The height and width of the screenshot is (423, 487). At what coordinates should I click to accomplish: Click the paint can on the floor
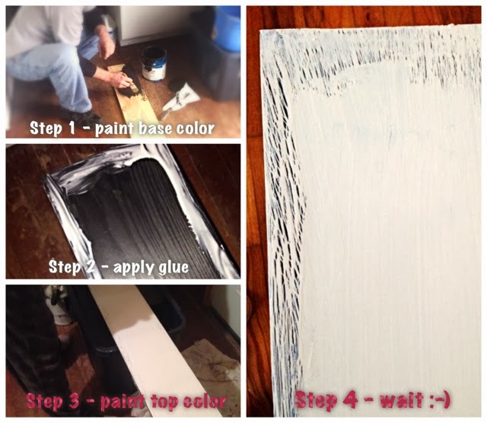click(x=154, y=64)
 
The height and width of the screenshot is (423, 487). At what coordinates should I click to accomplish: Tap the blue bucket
click(x=228, y=29)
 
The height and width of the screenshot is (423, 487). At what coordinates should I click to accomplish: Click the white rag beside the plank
click(x=182, y=97)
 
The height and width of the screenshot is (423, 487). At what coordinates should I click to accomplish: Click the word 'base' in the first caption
click(x=155, y=129)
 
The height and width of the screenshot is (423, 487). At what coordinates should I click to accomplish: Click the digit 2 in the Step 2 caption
click(x=90, y=267)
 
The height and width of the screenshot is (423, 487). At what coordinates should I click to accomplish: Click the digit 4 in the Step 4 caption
click(x=352, y=400)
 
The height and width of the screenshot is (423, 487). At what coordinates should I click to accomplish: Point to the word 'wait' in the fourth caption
click(x=402, y=400)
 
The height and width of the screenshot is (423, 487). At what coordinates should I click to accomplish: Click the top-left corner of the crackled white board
click(x=260, y=30)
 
